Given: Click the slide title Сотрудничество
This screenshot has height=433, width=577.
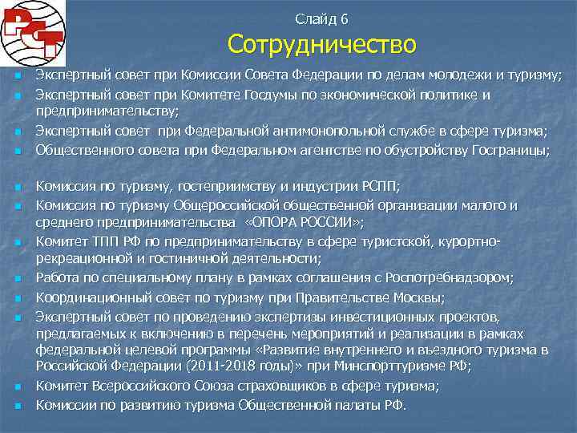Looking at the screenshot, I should click(321, 44).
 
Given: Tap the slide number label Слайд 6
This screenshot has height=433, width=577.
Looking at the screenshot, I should click(321, 18).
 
